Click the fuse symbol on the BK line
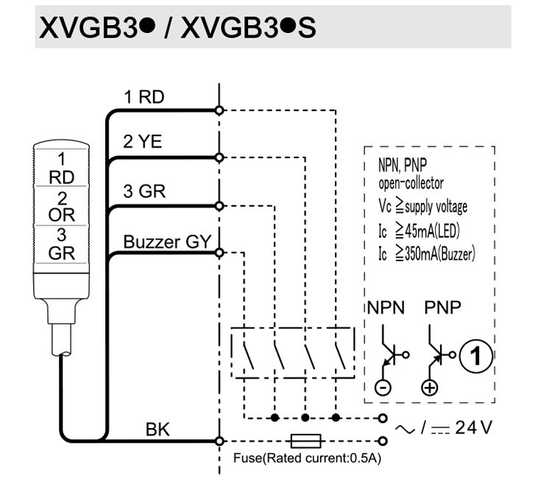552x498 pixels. pyautogui.click(x=305, y=441)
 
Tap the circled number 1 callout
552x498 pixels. pyautogui.click(x=476, y=355)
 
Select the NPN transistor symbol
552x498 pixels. pyautogui.click(x=392, y=355)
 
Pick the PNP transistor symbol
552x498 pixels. pyautogui.click(x=439, y=355)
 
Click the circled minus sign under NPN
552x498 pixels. pyautogui.click(x=383, y=388)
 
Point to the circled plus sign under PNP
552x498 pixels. pyautogui.click(x=430, y=388)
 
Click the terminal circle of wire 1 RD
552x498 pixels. pyautogui.click(x=219, y=110)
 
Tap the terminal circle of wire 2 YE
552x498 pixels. pyautogui.click(x=219, y=157)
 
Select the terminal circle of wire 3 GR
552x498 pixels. pyautogui.click(x=219, y=206)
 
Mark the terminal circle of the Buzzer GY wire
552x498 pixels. pyautogui.click(x=219, y=252)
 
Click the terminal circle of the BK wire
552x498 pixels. pyautogui.click(x=219, y=441)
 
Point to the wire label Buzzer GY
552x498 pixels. pyautogui.click(x=167, y=242)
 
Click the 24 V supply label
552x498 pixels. pyautogui.click(x=473, y=427)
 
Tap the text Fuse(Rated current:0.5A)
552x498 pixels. pyautogui.click(x=307, y=458)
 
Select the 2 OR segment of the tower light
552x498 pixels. pyautogui.click(x=62, y=207)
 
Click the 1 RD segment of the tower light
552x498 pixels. pyautogui.click(x=62, y=168)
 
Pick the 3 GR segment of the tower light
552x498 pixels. pyautogui.click(x=62, y=244)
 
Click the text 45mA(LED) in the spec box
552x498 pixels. pyautogui.click(x=432, y=231)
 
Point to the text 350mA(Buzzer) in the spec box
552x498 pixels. pyautogui.click(x=439, y=253)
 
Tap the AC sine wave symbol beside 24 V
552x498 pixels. pyautogui.click(x=406, y=429)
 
